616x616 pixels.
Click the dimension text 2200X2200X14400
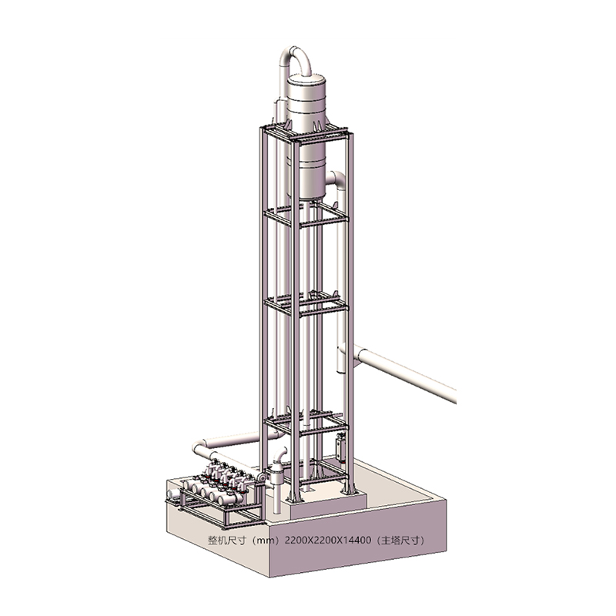[x=327, y=541]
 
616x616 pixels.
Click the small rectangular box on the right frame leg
[x=340, y=447]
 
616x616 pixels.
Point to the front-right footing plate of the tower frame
[x=349, y=490]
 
